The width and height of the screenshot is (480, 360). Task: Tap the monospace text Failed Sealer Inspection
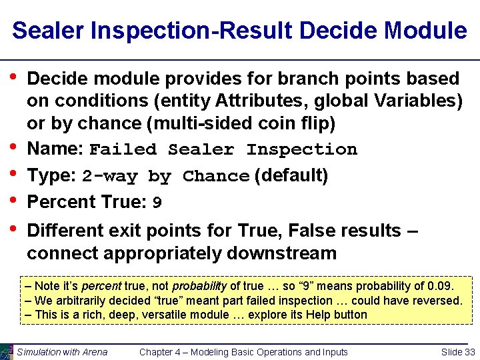223,149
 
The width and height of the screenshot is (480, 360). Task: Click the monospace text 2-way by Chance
165,177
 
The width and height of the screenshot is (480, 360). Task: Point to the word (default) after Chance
291,176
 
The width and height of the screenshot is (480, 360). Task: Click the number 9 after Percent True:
157,202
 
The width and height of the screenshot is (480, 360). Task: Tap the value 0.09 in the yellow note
438,286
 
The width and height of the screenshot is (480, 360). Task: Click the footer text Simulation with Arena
62,352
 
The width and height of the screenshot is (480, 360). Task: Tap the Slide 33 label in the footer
458,352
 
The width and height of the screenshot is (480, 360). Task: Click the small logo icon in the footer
7,351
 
